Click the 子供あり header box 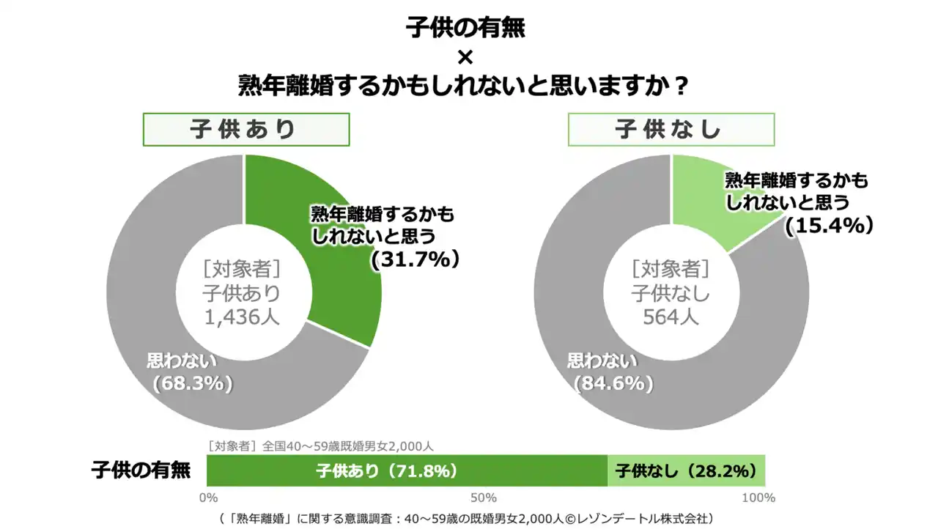[245, 130]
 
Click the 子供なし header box [671, 130]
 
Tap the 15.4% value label [830, 226]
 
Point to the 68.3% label [192, 383]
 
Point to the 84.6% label [613, 383]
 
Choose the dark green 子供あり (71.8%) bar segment [407, 470]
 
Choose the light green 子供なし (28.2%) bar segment [686, 470]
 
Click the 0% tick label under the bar [208, 498]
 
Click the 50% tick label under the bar [484, 498]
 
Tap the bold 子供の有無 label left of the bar [141, 470]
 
